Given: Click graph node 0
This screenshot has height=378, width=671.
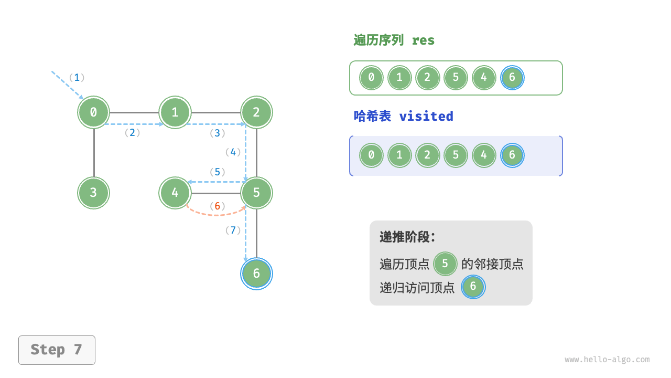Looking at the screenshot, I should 94,112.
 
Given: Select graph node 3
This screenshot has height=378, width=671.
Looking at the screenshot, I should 94,193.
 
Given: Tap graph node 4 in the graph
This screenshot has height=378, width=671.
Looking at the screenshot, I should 175,193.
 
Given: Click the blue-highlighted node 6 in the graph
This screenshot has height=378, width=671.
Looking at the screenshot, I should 256,274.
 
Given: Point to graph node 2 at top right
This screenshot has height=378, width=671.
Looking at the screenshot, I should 256,112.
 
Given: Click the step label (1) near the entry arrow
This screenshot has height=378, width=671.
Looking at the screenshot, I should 77,78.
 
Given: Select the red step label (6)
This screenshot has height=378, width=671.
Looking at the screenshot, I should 217,206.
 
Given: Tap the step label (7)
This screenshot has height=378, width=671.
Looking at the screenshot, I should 233,230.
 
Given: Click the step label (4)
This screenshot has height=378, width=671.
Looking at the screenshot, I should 233,152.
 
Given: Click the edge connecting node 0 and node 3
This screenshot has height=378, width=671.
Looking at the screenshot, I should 94,152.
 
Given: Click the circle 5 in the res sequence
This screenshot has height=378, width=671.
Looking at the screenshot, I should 456,78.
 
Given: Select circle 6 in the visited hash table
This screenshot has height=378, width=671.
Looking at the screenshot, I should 512,155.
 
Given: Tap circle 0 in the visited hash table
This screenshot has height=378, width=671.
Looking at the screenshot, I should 371,155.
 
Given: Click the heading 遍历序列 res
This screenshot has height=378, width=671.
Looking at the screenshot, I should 394,40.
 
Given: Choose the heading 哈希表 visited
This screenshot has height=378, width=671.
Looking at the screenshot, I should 403,117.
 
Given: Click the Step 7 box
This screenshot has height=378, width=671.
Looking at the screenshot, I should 57,350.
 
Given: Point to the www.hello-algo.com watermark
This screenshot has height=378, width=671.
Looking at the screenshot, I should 607,360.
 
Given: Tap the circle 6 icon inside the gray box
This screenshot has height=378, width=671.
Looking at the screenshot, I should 473,287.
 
